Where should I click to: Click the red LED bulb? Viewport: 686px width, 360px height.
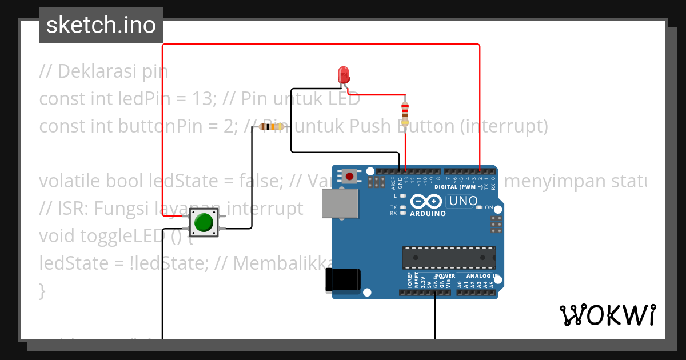(344, 74)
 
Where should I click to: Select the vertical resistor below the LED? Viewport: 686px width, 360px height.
(405, 113)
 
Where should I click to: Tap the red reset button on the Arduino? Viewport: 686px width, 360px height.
(349, 176)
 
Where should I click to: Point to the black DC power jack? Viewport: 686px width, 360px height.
(342, 279)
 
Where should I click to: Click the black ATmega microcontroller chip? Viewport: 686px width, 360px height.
(448, 257)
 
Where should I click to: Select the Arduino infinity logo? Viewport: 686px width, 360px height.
(425, 202)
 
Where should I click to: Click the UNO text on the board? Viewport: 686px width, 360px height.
(462, 201)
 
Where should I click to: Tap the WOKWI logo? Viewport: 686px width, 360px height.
(607, 315)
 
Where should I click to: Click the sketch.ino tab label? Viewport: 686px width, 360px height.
(101, 25)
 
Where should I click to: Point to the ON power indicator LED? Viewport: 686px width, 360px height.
(480, 207)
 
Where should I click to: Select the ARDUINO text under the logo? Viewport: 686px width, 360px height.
(428, 214)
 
